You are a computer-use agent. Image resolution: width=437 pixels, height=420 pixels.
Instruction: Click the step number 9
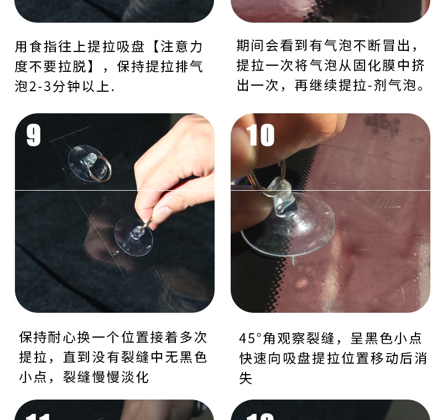click(34, 135)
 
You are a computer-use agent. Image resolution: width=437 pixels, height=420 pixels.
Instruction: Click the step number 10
click(261, 135)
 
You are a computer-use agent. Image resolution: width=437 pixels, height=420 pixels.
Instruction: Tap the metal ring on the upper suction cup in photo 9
click(99, 169)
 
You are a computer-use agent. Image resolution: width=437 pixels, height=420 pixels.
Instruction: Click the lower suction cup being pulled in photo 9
click(134, 237)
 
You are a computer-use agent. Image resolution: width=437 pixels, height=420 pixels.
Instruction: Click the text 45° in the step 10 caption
click(251, 338)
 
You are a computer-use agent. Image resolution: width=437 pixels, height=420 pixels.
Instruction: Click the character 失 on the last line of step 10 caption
click(246, 378)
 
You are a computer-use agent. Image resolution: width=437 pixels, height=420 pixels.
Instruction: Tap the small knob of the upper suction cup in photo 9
click(91, 159)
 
